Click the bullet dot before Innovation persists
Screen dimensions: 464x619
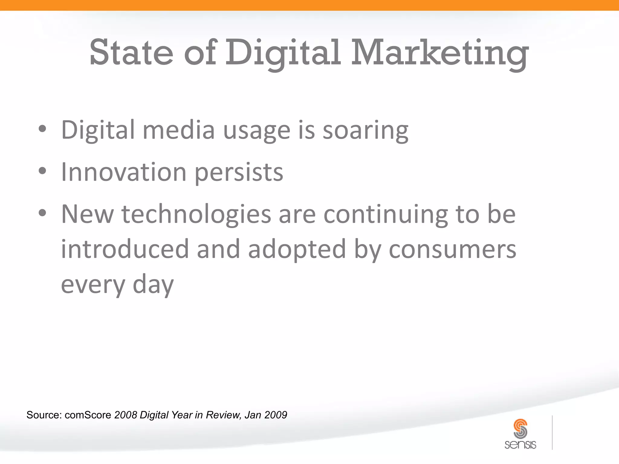coord(43,171)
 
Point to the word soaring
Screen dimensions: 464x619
coord(365,130)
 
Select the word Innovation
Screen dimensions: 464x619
coord(124,172)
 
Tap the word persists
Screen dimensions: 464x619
coord(239,173)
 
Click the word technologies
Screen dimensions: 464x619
coord(196,214)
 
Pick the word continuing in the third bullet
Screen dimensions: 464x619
coord(386,214)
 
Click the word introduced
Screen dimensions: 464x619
coord(125,249)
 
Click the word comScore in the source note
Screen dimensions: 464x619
coord(88,415)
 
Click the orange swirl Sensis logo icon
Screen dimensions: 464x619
coord(520,428)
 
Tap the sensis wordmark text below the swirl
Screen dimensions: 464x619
coord(520,445)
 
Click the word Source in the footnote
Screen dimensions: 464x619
coord(44,415)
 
